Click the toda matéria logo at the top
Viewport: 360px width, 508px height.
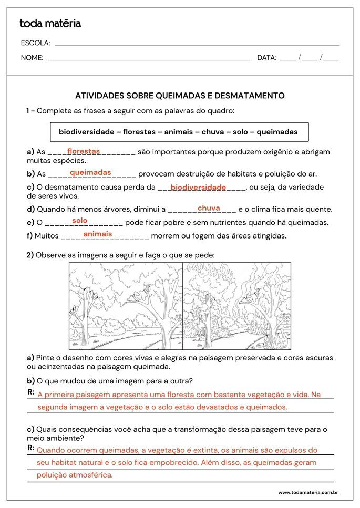tap(50, 24)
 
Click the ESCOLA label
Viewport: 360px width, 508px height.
tap(35, 43)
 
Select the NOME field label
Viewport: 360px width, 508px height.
tap(32, 58)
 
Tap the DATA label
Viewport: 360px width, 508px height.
tap(266, 58)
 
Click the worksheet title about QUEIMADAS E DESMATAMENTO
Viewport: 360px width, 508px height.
tap(180, 96)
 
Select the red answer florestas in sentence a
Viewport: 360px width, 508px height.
tap(83, 151)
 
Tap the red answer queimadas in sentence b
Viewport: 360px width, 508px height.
tap(90, 172)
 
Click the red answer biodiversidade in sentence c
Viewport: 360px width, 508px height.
tap(198, 187)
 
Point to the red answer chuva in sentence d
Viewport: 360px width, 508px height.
tap(209, 208)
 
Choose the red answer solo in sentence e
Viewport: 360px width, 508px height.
tap(80, 221)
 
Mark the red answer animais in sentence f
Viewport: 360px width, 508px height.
tap(98, 234)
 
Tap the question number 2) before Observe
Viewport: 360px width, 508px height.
tap(30, 255)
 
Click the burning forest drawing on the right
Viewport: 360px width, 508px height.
tap(236, 303)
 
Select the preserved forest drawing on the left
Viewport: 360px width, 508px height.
tap(126, 303)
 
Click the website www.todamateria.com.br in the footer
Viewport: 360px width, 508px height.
tap(307, 492)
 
